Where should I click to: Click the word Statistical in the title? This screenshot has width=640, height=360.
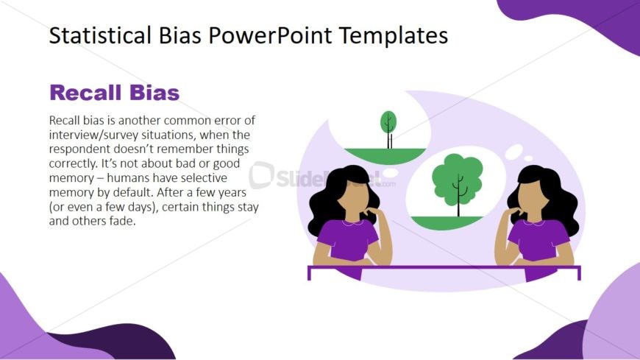tap(100, 35)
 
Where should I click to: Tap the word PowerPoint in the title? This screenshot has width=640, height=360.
tap(270, 35)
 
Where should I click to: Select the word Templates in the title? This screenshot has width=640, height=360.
tap(394, 36)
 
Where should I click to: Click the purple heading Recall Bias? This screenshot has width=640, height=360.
tap(114, 92)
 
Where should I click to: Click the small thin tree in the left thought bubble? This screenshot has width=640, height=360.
tap(388, 129)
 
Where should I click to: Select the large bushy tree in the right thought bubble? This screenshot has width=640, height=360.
tap(458, 184)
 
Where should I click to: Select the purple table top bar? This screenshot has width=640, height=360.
tap(444, 268)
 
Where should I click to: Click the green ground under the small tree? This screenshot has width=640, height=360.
tap(385, 155)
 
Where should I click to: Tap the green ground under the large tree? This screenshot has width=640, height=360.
tap(447, 222)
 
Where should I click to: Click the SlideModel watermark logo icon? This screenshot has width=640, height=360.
tap(261, 175)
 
